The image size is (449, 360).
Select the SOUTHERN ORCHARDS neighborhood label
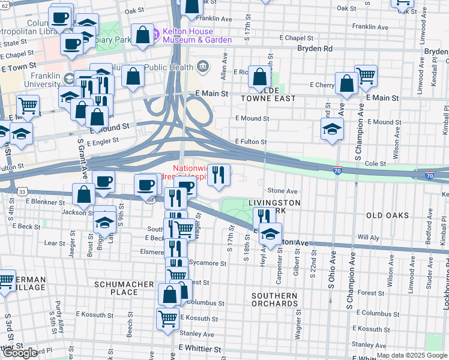(274, 300)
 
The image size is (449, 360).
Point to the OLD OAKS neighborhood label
(388, 215)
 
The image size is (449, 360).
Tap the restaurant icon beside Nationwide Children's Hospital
(218, 175)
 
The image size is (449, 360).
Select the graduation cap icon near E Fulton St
(332, 129)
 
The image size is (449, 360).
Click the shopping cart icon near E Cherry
(366, 75)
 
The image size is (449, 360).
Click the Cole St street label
(375, 163)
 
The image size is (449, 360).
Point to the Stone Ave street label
(287, 191)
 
